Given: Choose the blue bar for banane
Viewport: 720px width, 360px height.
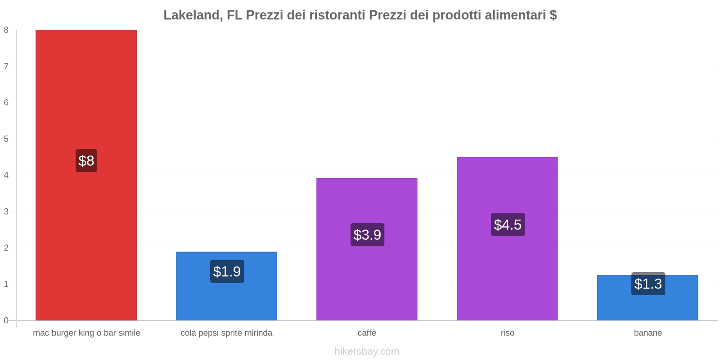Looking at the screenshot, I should [648, 306].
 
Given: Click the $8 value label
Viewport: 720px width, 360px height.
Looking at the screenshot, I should [86, 161].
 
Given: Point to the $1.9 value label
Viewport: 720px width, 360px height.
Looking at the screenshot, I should [227, 271].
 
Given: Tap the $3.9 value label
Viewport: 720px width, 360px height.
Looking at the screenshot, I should [367, 234].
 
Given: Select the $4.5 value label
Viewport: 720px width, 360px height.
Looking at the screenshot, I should [508, 225].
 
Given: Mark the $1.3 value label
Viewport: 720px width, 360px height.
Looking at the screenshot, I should [648, 283].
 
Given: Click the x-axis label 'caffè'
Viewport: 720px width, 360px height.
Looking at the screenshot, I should [367, 333].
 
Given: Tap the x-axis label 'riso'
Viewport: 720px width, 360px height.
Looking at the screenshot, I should [507, 333].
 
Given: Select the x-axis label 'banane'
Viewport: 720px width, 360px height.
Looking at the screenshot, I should [648, 333].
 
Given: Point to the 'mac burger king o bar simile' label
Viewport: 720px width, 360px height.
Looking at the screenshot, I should [86, 333].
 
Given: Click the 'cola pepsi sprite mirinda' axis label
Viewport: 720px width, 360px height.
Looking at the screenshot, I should [226, 333].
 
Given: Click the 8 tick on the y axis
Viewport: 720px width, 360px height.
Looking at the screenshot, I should [6, 30].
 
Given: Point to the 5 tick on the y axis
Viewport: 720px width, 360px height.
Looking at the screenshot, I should [6, 139].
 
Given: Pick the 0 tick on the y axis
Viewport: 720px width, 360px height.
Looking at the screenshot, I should [6, 320].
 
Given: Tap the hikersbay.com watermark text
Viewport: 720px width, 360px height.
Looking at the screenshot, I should [367, 351].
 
